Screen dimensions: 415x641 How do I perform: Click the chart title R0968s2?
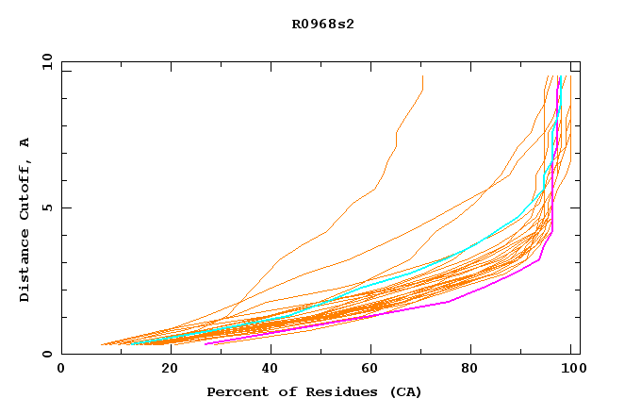coord(321,24)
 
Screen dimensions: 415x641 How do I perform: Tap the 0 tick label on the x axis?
coord(61,369)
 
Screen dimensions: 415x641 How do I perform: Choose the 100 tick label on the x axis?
coord(570,369)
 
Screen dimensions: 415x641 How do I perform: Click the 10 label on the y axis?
coord(46,61)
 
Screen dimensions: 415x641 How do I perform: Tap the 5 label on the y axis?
coord(50,207)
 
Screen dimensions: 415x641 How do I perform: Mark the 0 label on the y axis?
coord(50,354)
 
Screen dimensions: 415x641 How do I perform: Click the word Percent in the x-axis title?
coord(235,391)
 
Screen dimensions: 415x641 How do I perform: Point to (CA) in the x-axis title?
coord(403,391)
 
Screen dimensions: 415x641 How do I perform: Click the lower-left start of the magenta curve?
coord(205,343)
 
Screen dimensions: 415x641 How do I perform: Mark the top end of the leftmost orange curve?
coord(422,76)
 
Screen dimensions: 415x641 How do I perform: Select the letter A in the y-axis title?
coord(25,142)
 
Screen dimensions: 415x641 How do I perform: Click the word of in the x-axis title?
coord(283,391)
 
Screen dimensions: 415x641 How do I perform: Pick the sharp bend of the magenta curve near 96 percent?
coord(552,229)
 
